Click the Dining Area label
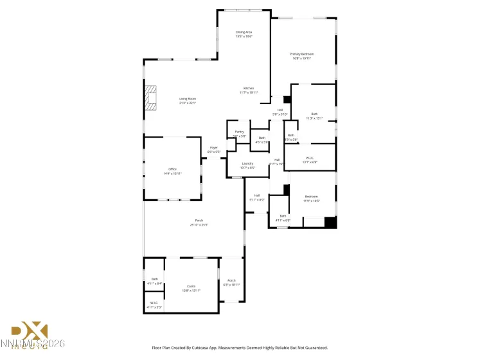point(244,34)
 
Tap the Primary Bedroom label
point(301,56)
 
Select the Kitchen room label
point(248,90)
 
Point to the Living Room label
point(187,101)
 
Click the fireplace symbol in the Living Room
point(150,98)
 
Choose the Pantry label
point(239,134)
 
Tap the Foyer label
point(213,150)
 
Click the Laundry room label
point(247,165)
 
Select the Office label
point(172,171)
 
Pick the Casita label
point(191,288)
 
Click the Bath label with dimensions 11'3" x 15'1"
point(314,116)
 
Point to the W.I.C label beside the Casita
point(154,305)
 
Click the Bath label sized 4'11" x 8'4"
point(154,281)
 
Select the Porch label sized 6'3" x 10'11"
point(231,282)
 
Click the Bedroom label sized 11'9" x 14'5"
point(311,198)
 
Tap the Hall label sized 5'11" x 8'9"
point(256,197)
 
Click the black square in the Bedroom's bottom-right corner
point(330,222)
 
